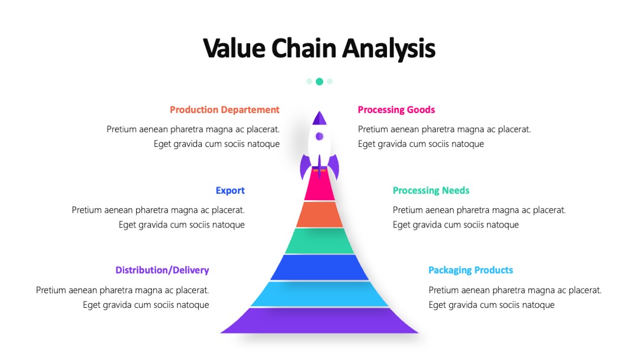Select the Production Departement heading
225,110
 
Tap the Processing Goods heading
396,110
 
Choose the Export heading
230,191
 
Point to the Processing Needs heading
431,191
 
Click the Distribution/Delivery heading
162,270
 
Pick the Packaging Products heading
471,270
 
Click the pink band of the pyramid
319,186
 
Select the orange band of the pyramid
319,214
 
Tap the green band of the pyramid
319,241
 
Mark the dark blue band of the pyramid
319,268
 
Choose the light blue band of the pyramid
319,294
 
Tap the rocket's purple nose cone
319,118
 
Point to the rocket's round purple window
319,137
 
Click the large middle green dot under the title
319,82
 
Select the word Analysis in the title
389,49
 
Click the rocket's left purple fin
305,166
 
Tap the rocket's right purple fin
334,166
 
